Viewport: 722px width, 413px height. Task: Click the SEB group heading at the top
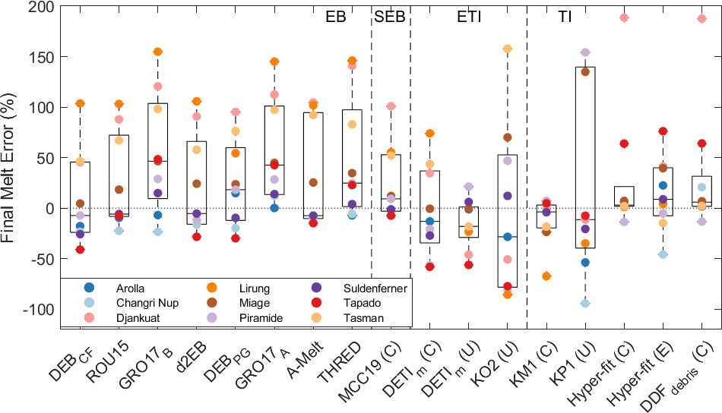click(390, 17)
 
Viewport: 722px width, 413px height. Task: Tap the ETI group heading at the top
click(469, 17)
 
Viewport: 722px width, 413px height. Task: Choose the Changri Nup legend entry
click(137, 303)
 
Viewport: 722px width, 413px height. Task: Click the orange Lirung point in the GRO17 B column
click(158, 52)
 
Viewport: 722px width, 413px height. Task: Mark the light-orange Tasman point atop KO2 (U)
click(508, 49)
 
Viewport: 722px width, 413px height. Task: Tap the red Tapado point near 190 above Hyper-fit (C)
click(624, 17)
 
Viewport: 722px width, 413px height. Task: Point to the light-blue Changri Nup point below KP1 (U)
click(585, 303)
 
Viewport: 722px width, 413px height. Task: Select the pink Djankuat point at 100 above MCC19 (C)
click(391, 106)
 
